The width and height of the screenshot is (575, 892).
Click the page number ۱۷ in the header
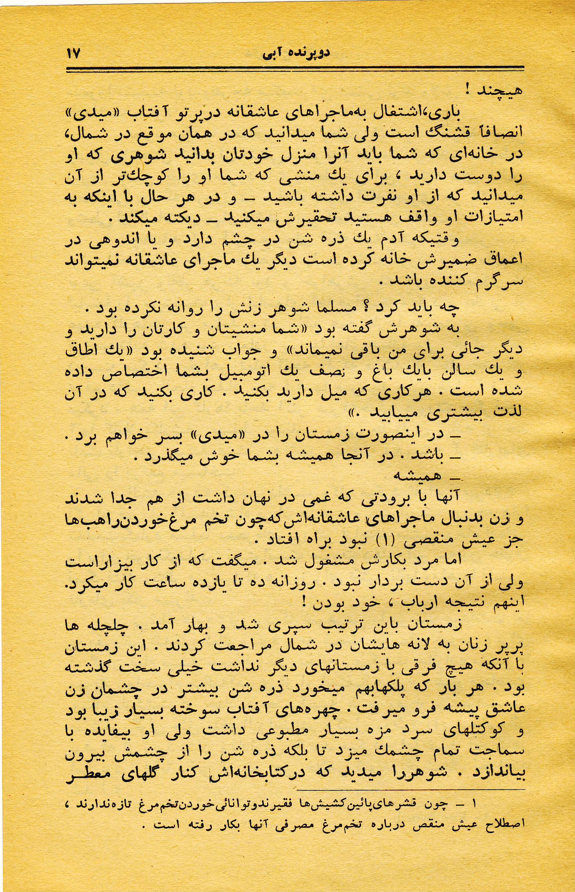[x=74, y=53]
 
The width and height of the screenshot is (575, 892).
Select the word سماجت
[x=502, y=751]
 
